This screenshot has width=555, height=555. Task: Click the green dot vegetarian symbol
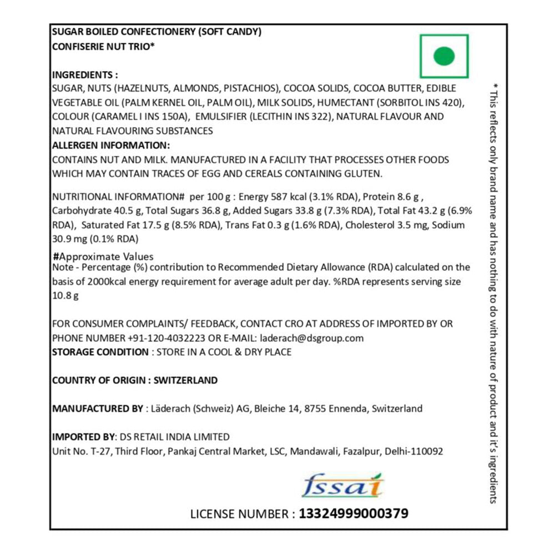coord(444,56)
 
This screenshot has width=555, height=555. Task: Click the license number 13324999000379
coord(354,513)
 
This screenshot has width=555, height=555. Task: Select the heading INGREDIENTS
coord(85,75)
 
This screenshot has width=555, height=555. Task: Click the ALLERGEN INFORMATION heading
coord(110,145)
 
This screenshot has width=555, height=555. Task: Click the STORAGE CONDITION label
coord(100,352)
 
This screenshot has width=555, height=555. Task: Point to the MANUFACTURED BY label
coord(97,408)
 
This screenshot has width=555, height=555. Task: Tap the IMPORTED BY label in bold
coord(81,437)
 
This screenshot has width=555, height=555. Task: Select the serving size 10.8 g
coord(65,296)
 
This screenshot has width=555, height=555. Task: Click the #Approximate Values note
coord(103,256)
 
